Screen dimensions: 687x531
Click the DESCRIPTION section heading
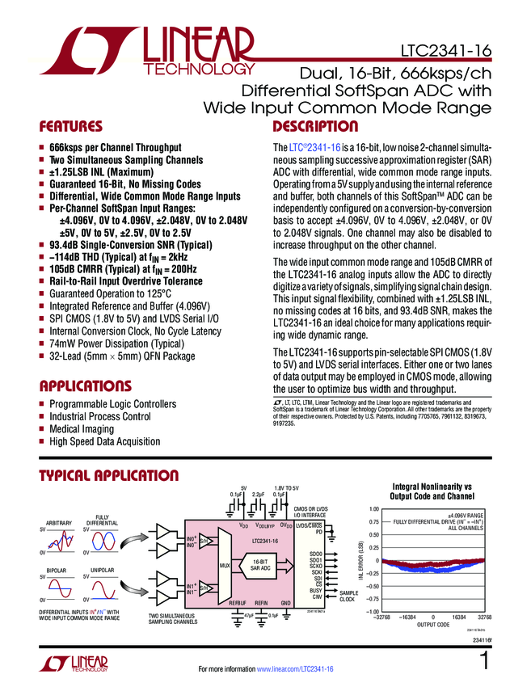pos(315,127)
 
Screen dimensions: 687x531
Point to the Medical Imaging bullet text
pos(82,429)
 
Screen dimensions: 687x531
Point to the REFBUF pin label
pos(238,604)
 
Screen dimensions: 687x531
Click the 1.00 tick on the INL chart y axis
pos(373,509)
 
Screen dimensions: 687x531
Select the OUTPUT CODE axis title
pos(433,624)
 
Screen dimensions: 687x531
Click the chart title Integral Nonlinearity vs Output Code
pos(432,491)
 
